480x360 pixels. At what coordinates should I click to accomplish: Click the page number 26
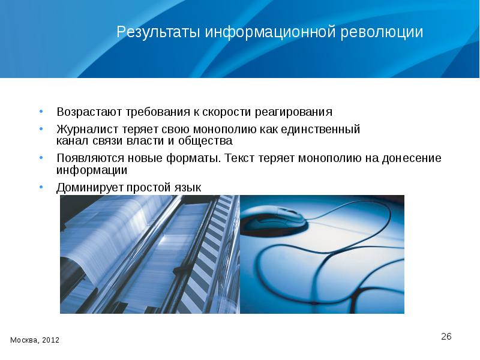pos(446,336)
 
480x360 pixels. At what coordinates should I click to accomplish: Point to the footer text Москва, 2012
pos(35,340)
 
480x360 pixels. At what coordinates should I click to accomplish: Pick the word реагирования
pos(293,112)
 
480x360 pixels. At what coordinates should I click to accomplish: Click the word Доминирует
pos(89,188)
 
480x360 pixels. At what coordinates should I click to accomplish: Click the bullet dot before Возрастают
pos(41,112)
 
